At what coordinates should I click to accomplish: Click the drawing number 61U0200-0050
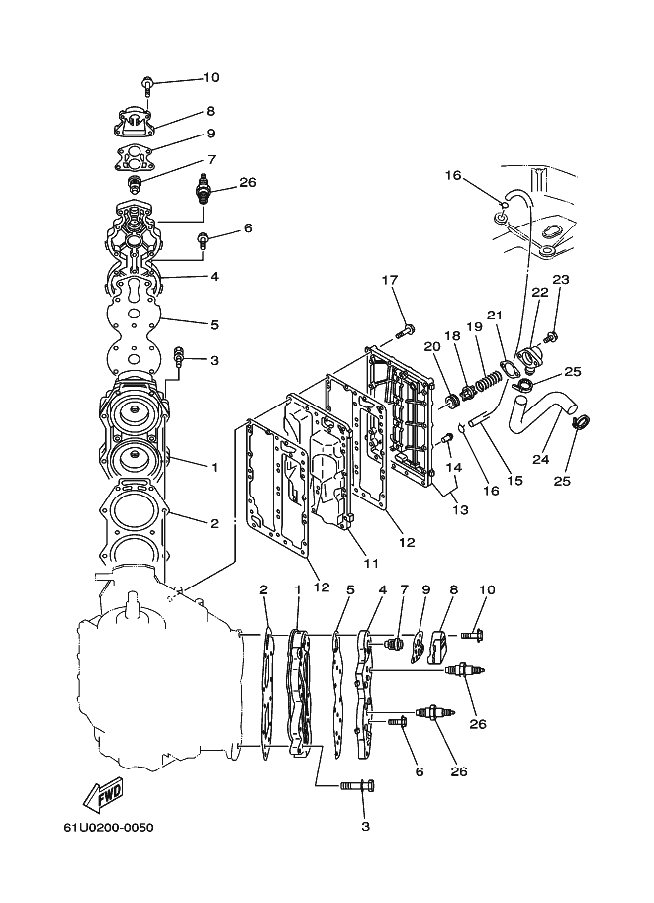tap(108, 827)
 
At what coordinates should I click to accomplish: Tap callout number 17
tap(390, 280)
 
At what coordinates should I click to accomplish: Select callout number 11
tap(371, 563)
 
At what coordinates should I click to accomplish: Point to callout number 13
tap(460, 509)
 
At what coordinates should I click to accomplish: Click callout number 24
tap(540, 459)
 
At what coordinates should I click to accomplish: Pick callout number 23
tap(561, 279)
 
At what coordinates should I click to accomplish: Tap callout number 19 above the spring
tap(474, 327)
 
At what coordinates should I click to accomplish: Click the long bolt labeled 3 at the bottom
tap(358, 785)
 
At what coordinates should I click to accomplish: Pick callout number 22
tap(540, 292)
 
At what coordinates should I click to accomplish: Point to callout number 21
tap(495, 316)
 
